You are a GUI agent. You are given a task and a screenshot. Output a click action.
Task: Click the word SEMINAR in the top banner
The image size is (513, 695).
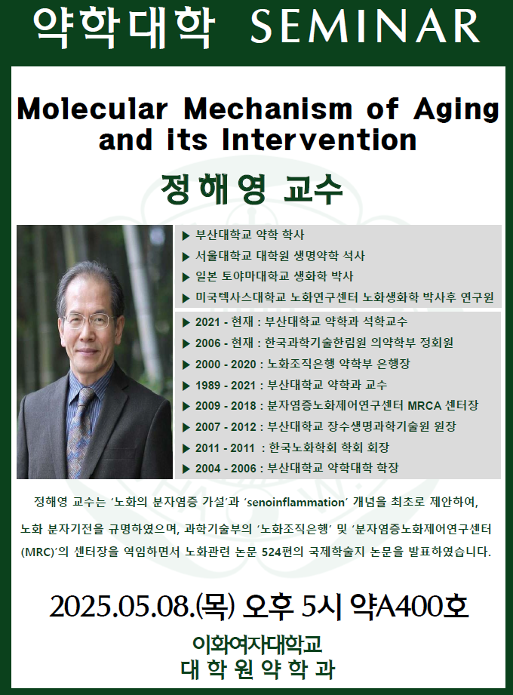[x=364, y=26]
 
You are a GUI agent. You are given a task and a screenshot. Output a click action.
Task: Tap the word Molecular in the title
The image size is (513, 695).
[x=92, y=109]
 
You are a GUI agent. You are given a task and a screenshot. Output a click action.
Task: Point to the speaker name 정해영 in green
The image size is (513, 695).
[x=213, y=189]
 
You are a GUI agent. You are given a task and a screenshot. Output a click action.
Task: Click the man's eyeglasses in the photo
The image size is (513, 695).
[x=88, y=321]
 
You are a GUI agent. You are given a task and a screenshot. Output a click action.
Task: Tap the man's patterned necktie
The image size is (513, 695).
[x=80, y=425]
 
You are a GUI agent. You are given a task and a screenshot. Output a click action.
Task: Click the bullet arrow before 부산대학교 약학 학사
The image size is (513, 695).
[x=186, y=235]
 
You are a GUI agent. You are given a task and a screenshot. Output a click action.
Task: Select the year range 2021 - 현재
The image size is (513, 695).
[x=224, y=321]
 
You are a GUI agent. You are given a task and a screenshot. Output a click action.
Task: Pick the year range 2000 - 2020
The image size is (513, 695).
[x=226, y=364]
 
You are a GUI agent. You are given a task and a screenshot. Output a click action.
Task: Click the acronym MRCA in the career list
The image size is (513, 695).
[x=425, y=405]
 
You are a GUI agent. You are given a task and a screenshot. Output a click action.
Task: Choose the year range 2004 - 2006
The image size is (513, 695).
[x=226, y=469]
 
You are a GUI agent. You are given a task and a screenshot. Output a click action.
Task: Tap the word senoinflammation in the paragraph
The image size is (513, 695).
[x=296, y=502]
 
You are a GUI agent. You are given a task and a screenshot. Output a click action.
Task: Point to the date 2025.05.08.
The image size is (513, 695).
[x=121, y=607]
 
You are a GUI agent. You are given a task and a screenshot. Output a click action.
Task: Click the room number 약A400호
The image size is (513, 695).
[x=408, y=606]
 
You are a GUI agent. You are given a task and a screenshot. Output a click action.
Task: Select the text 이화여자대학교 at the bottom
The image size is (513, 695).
[x=257, y=644]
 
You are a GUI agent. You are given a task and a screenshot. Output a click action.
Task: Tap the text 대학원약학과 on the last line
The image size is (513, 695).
[x=258, y=669]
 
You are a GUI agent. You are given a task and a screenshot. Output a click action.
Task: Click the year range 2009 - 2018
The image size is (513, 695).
[x=226, y=405]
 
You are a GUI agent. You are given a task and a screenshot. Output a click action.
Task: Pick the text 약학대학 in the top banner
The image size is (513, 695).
[x=124, y=26]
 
